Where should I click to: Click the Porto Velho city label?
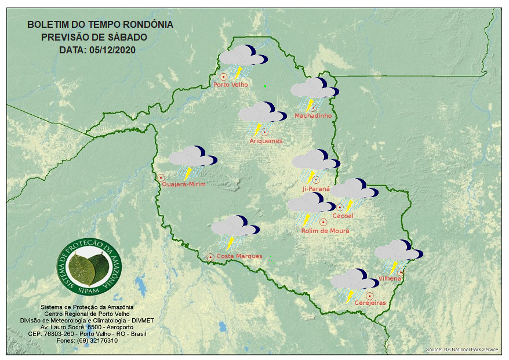231,85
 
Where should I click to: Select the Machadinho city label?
313,116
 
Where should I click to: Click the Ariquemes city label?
266,141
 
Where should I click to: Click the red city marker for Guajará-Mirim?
161,177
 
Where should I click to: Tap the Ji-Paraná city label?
316,189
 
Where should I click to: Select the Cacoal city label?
343,216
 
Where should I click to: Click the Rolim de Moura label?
325,231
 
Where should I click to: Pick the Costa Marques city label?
239,256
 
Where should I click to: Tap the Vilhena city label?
390,279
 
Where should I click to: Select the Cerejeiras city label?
370,303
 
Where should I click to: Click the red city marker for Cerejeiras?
369,296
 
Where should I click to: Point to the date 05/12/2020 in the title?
112,50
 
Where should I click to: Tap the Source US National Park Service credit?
461,350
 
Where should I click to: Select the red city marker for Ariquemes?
264,132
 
